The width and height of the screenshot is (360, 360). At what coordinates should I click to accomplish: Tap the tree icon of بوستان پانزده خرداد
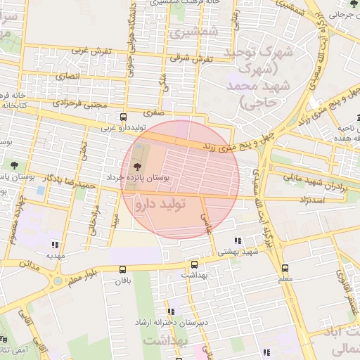(136, 166)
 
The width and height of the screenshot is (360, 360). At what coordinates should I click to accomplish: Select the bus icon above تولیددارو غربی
(124, 117)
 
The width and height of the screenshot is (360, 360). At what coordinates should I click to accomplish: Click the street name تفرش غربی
(90, 51)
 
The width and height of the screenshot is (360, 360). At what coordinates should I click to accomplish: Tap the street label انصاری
(70, 75)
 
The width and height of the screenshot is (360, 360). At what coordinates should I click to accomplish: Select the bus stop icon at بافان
(124, 269)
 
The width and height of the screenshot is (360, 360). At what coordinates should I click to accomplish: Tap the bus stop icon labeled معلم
(285, 268)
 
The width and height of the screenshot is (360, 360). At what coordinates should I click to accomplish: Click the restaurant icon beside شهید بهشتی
(238, 239)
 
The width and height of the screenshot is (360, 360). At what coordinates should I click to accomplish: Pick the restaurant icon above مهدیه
(54, 245)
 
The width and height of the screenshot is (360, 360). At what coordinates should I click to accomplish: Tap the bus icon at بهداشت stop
(194, 265)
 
